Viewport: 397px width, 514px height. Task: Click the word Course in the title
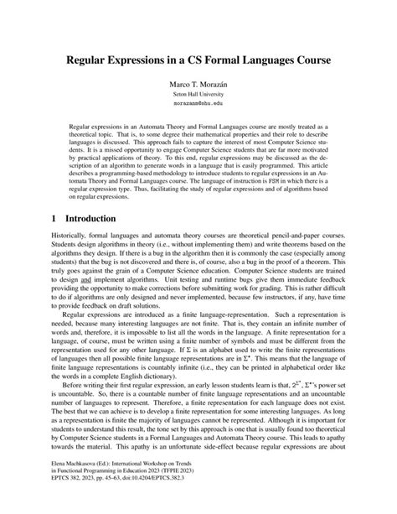coord(309,61)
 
